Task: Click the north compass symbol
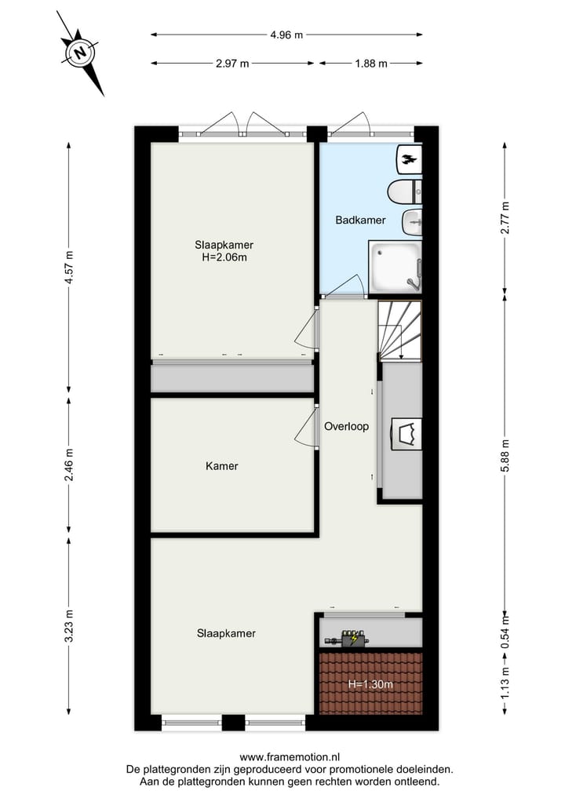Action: [80, 53]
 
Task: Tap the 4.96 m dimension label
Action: [286, 35]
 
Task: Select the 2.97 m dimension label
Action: [232, 64]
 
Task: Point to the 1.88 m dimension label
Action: [370, 64]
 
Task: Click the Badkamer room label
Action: [360, 220]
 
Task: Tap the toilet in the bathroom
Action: [405, 191]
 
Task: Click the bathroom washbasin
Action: [413, 222]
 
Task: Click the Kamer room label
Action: [222, 466]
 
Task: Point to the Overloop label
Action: [346, 427]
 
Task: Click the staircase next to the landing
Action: [399, 330]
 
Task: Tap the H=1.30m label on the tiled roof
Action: [370, 684]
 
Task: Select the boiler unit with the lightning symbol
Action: [350, 639]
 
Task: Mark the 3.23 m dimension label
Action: [69, 625]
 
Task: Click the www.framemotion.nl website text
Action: [290, 758]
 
